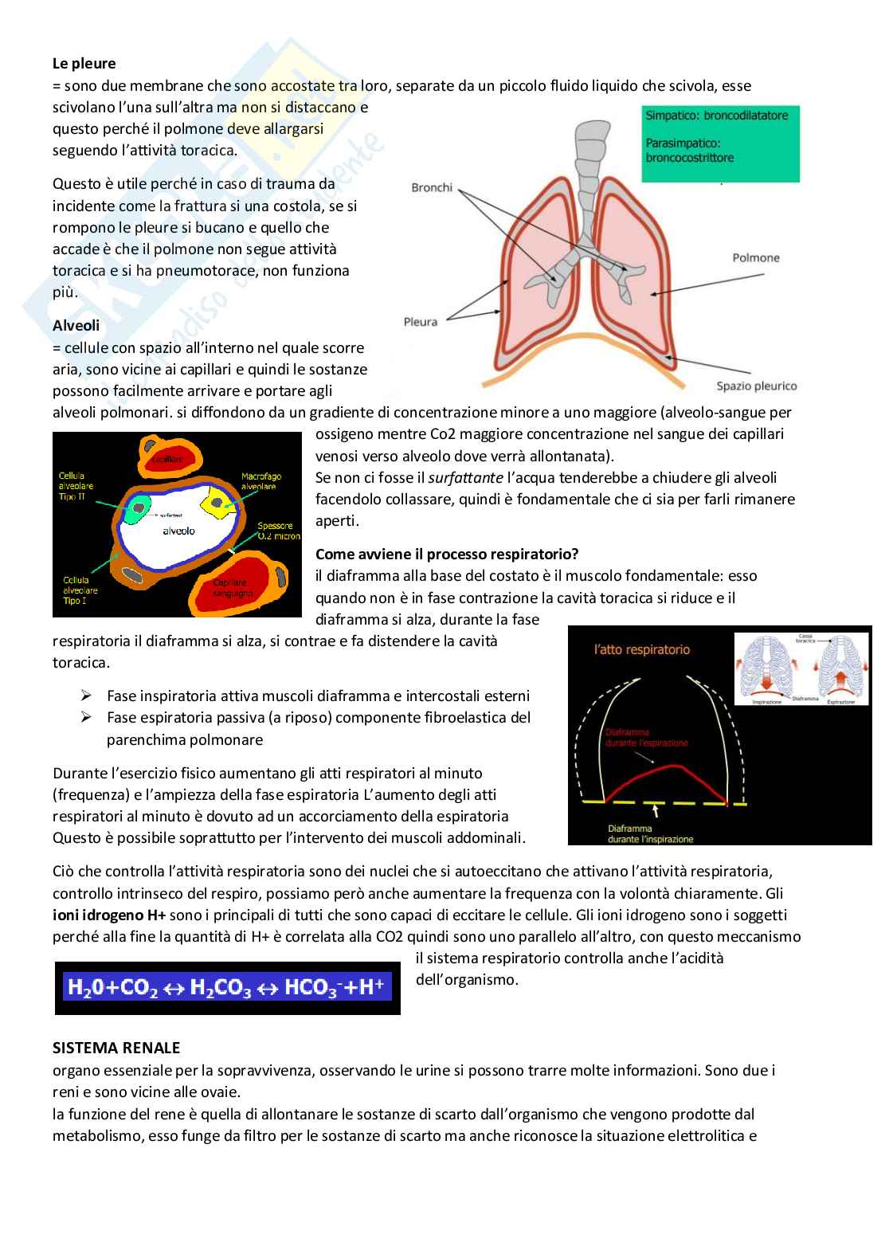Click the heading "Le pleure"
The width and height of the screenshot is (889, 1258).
pyautogui.click(x=84, y=63)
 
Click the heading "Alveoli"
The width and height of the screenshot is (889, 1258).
pyautogui.click(x=76, y=326)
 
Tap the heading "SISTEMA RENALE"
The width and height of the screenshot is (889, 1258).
pyautogui.click(x=116, y=1048)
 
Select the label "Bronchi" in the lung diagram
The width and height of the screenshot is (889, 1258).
pyautogui.click(x=432, y=187)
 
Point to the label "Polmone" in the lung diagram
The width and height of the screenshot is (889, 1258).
pyautogui.click(x=756, y=257)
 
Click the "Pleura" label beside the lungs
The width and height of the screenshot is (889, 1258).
pyautogui.click(x=421, y=322)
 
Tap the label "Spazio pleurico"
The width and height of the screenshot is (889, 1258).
pyautogui.click(x=756, y=386)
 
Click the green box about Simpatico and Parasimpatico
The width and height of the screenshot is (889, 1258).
pyautogui.click(x=719, y=143)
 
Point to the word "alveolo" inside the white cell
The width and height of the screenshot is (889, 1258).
pyautogui.click(x=178, y=531)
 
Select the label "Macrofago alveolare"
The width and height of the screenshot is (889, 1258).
pyautogui.click(x=259, y=481)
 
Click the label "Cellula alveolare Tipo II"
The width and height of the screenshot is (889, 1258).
pyautogui.click(x=76, y=486)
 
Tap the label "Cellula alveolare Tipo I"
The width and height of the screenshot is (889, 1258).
pyautogui.click(x=80, y=590)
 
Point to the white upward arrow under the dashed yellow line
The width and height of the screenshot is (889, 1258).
pyautogui.click(x=655, y=812)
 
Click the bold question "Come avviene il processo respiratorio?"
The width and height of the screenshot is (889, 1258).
pyautogui.click(x=447, y=554)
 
